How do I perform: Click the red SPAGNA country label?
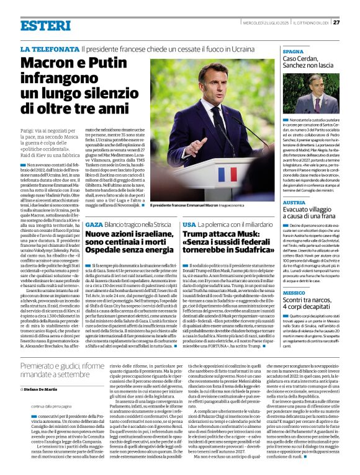[x=294, y=53]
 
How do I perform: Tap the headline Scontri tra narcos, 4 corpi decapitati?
[x=308, y=305]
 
